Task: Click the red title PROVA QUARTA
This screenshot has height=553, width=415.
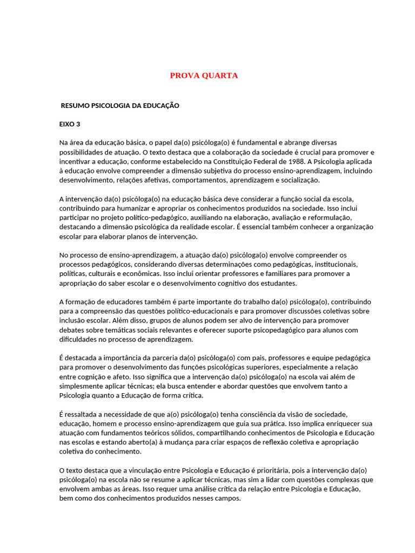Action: pos(204,76)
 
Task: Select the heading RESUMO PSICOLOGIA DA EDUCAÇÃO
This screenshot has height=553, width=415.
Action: pos(120,106)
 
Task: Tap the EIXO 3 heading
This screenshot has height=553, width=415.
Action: pos(69,124)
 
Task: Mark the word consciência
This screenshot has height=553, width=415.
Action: pos(272,414)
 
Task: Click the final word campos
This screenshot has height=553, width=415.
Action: pos(227,498)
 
